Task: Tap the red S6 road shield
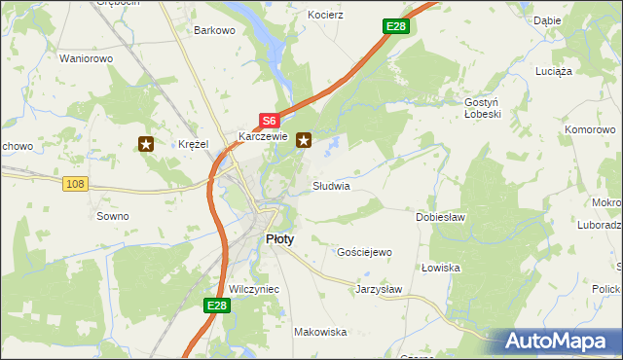tap(270, 121)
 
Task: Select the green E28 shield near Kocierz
tap(394, 26)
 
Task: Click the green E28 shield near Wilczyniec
tap(217, 306)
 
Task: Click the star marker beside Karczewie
tap(305, 140)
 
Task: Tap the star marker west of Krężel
tap(146, 145)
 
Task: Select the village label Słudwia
tap(331, 185)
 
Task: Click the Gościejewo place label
tap(364, 252)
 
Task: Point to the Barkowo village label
tap(215, 30)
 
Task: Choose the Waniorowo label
tap(87, 58)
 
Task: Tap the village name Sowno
tap(113, 216)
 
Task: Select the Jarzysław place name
tap(379, 289)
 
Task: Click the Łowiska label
tap(441, 268)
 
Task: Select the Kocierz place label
tap(325, 17)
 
